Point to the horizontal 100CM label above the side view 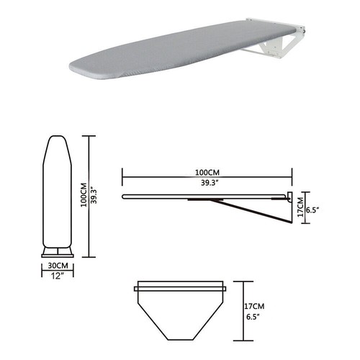click(x=207, y=173)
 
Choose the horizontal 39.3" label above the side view click(x=207, y=183)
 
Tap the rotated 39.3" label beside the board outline click(x=94, y=195)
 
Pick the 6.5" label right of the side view click(x=312, y=210)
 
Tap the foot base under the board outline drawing click(x=57, y=251)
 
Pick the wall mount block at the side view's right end click(x=289, y=197)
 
